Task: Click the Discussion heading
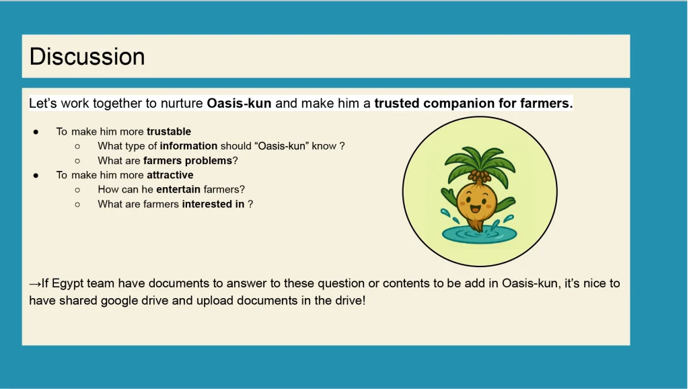point(87,57)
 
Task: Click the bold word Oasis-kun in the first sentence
point(239,103)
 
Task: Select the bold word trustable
point(169,131)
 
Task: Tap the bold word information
point(188,146)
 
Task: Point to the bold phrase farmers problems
point(188,160)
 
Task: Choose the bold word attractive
point(170,175)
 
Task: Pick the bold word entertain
point(178,189)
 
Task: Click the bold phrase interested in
point(213,204)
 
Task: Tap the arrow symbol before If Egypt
point(35,284)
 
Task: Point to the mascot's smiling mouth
point(476,209)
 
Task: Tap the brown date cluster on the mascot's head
point(479,176)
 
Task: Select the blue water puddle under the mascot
point(479,235)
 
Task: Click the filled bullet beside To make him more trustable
point(36,132)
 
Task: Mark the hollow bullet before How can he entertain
point(77,190)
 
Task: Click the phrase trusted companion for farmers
point(474,103)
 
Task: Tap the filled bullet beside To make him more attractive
point(36,176)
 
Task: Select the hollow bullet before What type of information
point(77,146)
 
